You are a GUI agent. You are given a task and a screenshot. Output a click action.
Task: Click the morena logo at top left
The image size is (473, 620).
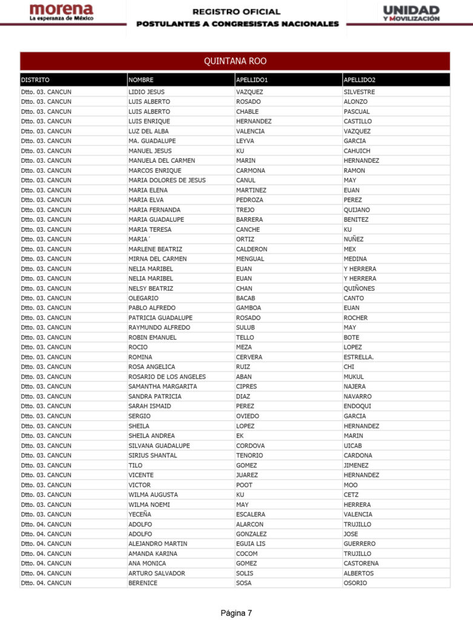61,13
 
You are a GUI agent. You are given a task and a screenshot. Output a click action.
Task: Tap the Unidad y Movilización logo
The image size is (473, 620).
411,13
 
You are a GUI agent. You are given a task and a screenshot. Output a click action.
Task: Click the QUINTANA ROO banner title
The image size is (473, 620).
235,61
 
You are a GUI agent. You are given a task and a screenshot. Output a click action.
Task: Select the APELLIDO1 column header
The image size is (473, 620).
252,80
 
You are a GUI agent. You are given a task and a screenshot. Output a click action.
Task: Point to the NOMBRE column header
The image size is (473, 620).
141,80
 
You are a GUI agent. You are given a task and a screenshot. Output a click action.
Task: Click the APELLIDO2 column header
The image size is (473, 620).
359,80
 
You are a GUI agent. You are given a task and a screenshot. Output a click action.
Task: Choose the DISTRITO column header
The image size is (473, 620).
35,80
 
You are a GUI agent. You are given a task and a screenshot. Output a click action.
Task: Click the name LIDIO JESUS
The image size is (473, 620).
147,92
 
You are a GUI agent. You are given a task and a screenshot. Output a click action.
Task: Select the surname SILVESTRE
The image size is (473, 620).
359,92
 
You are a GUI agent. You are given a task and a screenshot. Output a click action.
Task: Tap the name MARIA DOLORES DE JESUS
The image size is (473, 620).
167,180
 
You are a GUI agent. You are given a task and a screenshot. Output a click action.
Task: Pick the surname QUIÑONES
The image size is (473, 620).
359,288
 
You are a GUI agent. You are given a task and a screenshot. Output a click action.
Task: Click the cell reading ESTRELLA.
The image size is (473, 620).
359,357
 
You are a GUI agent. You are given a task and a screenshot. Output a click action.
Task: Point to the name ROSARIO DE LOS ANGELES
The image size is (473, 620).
167,377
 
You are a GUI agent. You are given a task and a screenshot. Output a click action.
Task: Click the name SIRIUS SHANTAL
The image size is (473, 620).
153,455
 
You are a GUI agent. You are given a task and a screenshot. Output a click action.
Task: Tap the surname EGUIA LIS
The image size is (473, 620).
251,544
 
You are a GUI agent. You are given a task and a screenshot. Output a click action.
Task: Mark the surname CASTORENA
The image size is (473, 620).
362,564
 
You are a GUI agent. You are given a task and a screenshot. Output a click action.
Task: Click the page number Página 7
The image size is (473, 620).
236,613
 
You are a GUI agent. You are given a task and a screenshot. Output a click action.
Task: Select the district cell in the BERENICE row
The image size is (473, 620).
46,583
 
